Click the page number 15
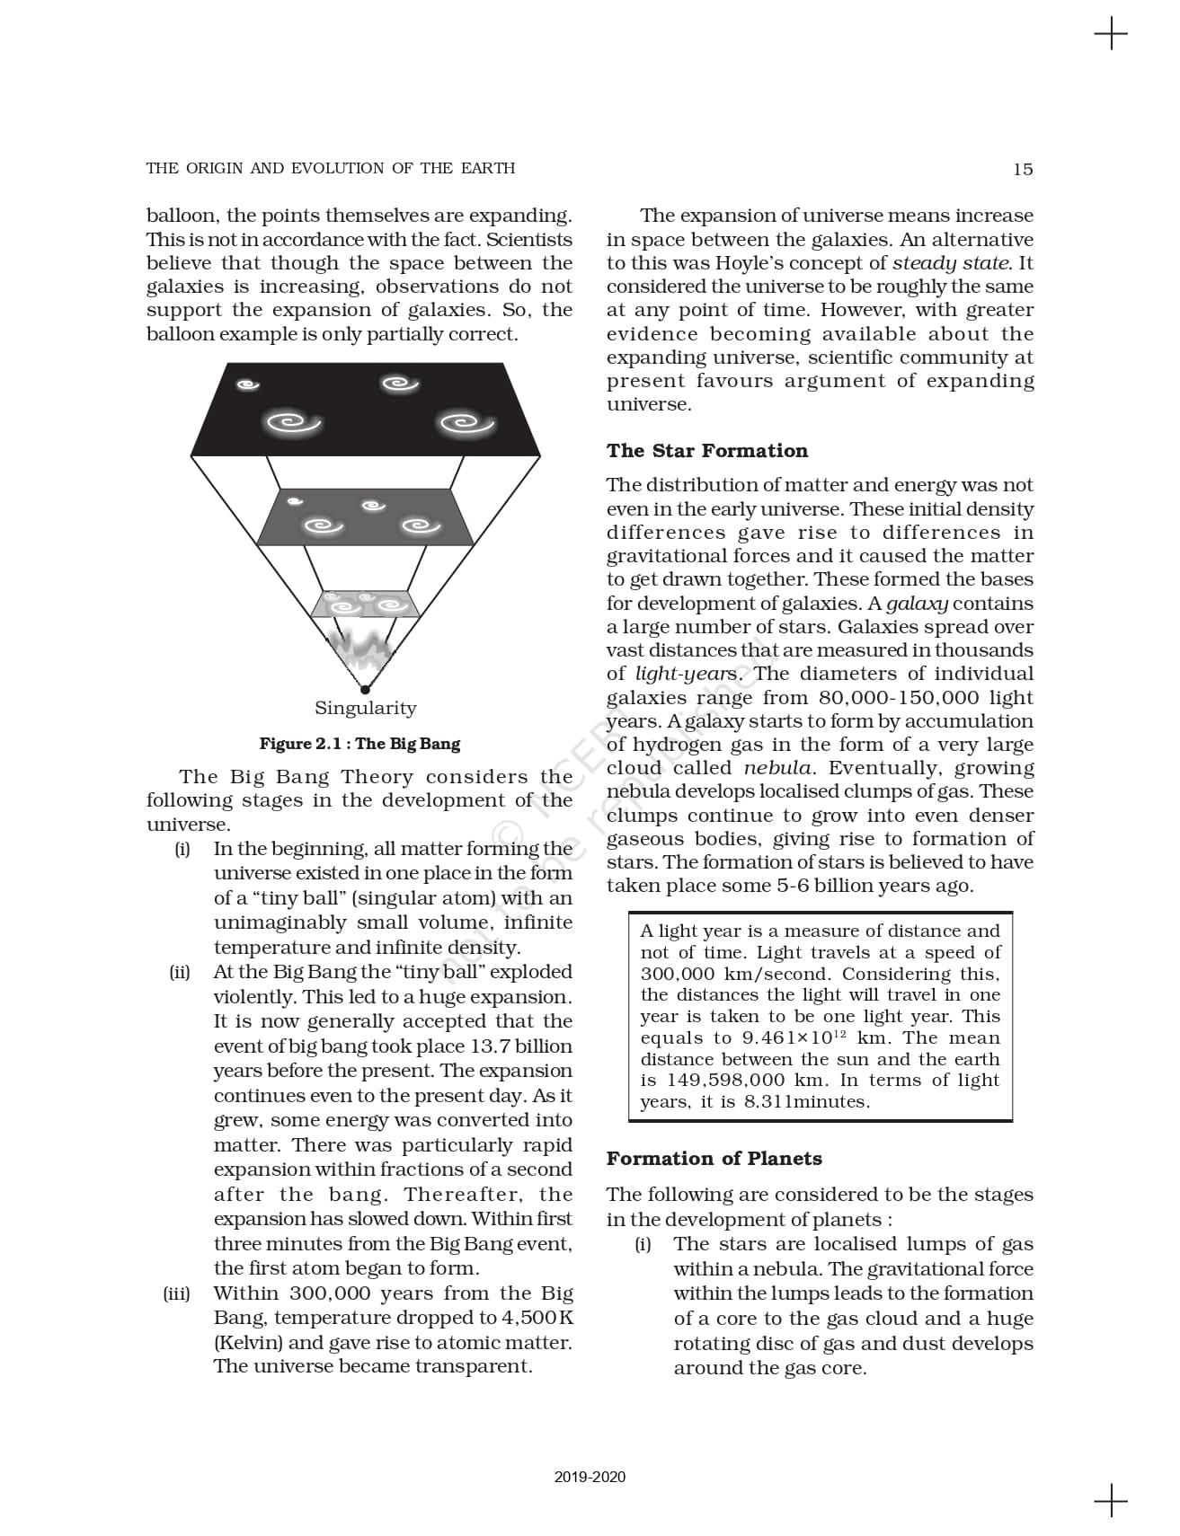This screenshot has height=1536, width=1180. (x=1022, y=169)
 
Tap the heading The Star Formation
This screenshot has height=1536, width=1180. (x=706, y=451)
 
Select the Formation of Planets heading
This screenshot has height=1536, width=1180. (x=714, y=1159)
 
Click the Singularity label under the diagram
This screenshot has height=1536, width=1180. (x=365, y=708)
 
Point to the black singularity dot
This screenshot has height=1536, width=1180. (x=365, y=690)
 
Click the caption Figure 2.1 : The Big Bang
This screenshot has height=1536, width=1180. (x=359, y=744)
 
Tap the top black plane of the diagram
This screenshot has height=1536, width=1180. (x=365, y=409)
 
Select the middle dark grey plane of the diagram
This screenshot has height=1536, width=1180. (x=365, y=517)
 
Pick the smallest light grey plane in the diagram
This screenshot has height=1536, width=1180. (x=365, y=604)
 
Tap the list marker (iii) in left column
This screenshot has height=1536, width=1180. (x=176, y=1294)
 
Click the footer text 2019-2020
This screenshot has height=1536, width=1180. (x=590, y=1477)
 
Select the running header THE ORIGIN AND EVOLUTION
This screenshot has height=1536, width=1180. (x=330, y=169)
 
